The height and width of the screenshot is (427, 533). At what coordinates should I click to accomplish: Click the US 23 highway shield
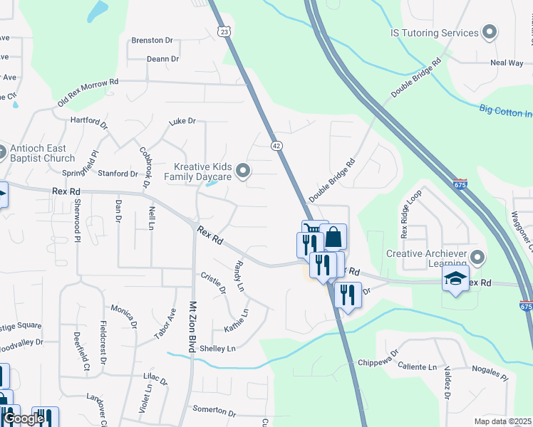[x=224, y=32]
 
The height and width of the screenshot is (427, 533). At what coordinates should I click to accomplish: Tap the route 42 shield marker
[x=277, y=145]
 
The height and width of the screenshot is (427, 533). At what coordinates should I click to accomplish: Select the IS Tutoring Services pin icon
[x=490, y=33]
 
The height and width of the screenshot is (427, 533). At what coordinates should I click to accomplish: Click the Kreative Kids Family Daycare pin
[x=244, y=171]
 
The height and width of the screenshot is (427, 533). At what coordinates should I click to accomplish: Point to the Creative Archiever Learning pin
[x=477, y=255]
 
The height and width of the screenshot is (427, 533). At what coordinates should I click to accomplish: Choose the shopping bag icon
[x=333, y=236]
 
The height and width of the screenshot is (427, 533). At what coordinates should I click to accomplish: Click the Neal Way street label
[x=507, y=63]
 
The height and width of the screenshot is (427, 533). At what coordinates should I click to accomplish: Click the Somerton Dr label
[x=214, y=411]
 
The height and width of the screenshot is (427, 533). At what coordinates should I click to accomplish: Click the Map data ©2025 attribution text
[x=503, y=421]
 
